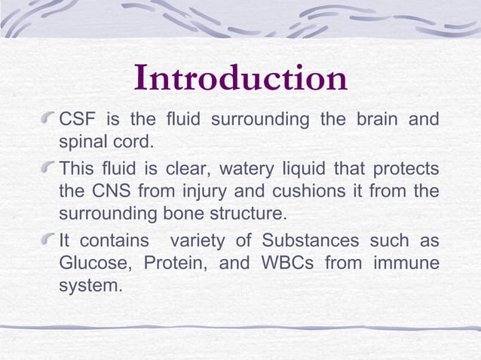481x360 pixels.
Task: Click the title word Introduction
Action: [x=240, y=79]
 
